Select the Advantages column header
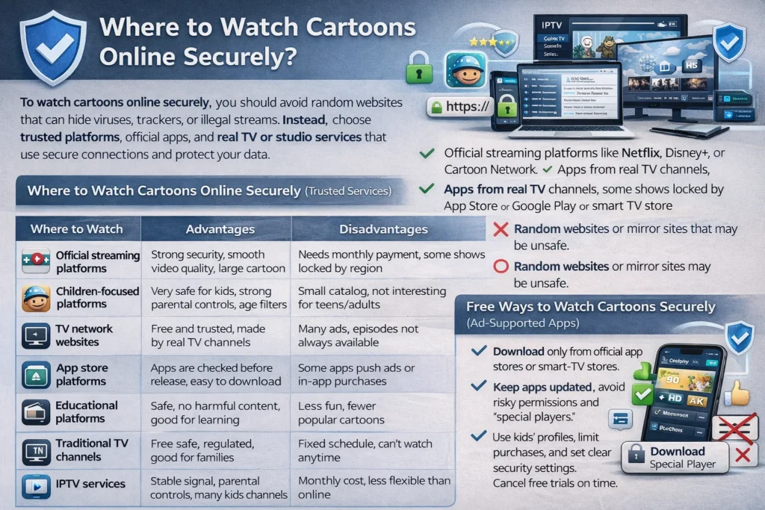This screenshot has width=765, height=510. pos(219,229)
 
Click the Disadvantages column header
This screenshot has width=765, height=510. pos(383,229)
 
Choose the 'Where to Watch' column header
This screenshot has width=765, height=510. pos(77,229)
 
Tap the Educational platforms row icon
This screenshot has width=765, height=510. pos(36,412)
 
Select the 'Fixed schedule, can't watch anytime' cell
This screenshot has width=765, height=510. pos(365,450)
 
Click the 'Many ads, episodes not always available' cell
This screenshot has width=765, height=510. pos(358,336)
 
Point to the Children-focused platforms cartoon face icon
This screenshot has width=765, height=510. pos(36,297)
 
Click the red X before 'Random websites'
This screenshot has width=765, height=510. pos(501,231)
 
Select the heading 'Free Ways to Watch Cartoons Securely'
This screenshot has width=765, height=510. pos(590,307)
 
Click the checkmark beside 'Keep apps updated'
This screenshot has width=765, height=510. pos(478,387)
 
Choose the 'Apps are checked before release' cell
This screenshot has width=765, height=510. pos(215,374)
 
